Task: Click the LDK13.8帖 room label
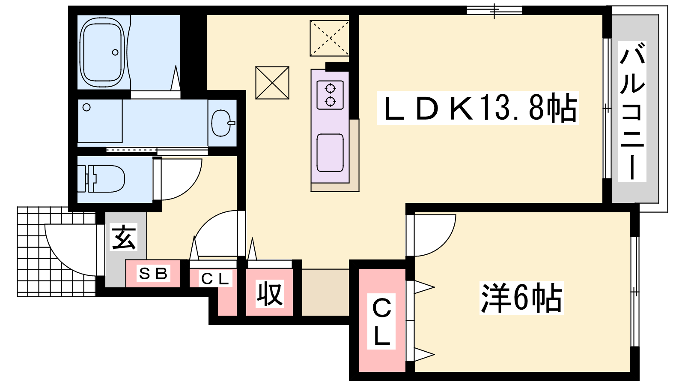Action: (x=478, y=108)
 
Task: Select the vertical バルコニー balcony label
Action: (x=632, y=112)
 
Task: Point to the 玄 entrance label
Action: (x=124, y=237)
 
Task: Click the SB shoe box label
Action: (x=153, y=273)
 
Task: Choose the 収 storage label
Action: (x=269, y=294)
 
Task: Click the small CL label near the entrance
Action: (x=214, y=279)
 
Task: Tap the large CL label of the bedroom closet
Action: (x=381, y=322)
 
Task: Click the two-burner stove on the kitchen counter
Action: (x=330, y=95)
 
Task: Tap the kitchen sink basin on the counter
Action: (x=330, y=153)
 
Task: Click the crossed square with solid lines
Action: (x=272, y=83)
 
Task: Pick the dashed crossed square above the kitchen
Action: (x=329, y=38)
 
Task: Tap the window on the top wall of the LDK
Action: (x=494, y=10)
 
